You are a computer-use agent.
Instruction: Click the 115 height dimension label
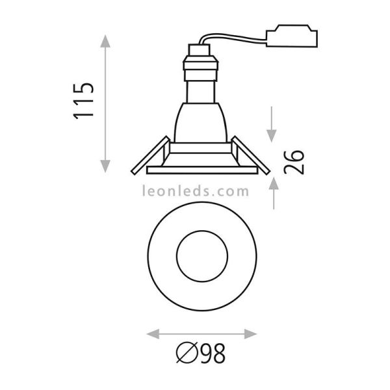(84, 101)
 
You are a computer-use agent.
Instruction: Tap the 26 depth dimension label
(294, 162)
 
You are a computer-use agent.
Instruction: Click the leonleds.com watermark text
(196, 192)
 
